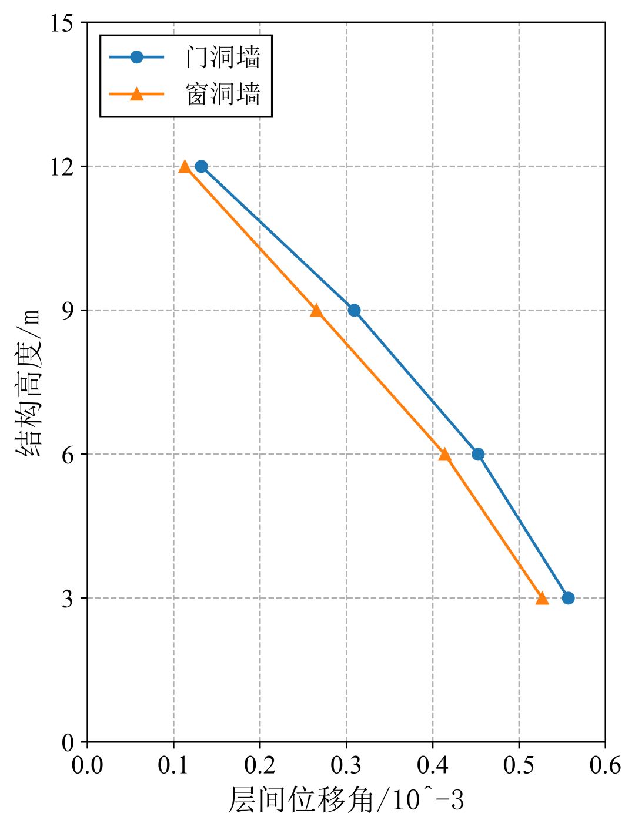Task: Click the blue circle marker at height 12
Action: pyautogui.click(x=201, y=166)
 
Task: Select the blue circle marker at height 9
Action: pyautogui.click(x=354, y=310)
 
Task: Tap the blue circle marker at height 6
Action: pyautogui.click(x=478, y=454)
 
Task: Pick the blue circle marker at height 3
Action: pyautogui.click(x=568, y=598)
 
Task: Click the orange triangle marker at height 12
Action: pyautogui.click(x=185, y=166)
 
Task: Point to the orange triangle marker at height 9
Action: pyautogui.click(x=316, y=310)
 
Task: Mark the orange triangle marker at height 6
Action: pyautogui.click(x=444, y=454)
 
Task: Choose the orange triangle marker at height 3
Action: pyautogui.click(x=542, y=598)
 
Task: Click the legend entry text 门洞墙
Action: pyautogui.click(x=223, y=58)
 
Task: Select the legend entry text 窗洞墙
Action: pyautogui.click(x=223, y=94)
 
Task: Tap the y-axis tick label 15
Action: pyautogui.click(x=61, y=23)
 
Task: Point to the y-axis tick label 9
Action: pyautogui.click(x=68, y=311)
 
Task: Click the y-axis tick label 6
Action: pyautogui.click(x=68, y=455)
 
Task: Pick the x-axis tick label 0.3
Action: pyautogui.click(x=346, y=766)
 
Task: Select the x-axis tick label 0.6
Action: pyautogui.click(x=606, y=766)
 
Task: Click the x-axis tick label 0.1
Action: pyautogui.click(x=173, y=766)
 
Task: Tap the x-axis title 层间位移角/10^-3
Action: pyautogui.click(x=346, y=801)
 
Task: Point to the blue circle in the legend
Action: pyautogui.click(x=136, y=57)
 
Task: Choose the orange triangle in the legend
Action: pyautogui.click(x=136, y=94)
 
